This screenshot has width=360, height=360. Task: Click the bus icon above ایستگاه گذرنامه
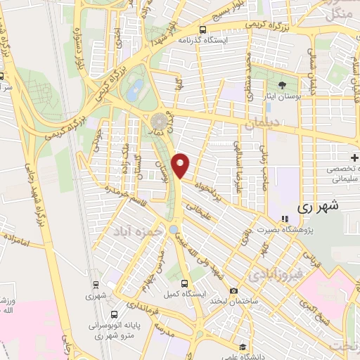(x=202, y=30)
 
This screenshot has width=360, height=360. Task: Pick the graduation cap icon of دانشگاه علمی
(x=242, y=346)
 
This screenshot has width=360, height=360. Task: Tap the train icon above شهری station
(x=95, y=285)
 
